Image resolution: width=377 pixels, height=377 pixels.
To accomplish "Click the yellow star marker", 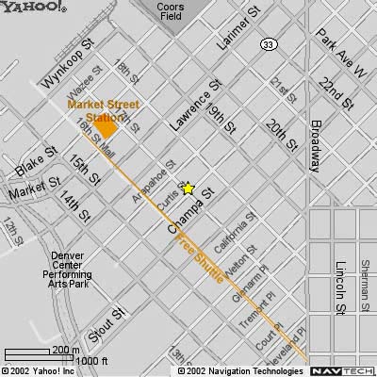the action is point(188,188).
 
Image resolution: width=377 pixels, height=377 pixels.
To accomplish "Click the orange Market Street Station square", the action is point(107,128).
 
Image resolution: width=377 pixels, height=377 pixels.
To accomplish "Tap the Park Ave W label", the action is point(339,52).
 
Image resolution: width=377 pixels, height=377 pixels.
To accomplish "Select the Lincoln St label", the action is point(340,287).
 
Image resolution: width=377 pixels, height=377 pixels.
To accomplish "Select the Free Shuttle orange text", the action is point(192,257).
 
